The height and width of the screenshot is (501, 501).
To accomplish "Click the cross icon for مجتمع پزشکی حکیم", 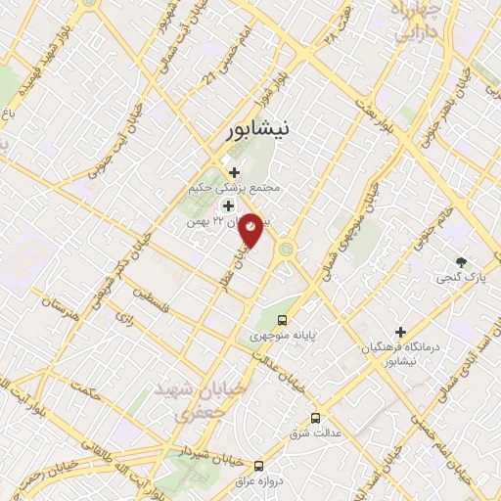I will pos(234,172).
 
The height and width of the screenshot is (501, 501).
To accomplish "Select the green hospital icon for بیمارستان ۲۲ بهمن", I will pos(228,205).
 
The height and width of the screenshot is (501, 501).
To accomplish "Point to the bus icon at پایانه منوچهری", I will pos(282,319).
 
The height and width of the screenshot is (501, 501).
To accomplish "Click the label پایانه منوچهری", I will pos(285,336).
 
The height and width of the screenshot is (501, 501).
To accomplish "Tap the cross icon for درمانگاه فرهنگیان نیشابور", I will pos(399,332).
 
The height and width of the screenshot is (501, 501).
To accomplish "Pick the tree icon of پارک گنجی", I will pos(461,261).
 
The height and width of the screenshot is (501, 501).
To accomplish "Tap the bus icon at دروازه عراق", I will pos(258,466).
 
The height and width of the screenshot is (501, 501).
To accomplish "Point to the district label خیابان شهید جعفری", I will pos(195,401).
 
